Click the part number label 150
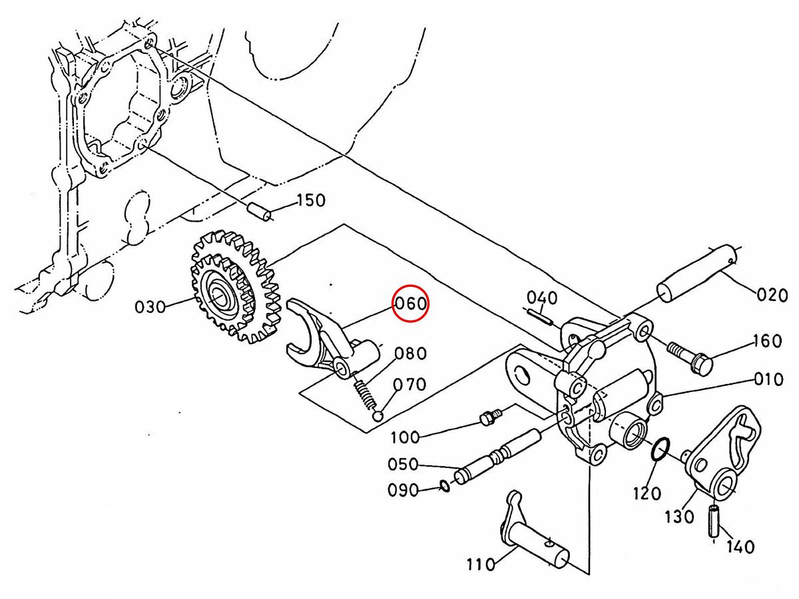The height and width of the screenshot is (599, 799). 311,200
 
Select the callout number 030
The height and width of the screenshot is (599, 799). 150,307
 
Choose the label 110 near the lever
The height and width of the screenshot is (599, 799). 481,565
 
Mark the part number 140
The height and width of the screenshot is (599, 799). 740,547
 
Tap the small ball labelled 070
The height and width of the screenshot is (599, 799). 378,417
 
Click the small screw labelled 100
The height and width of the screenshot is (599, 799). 490,418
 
